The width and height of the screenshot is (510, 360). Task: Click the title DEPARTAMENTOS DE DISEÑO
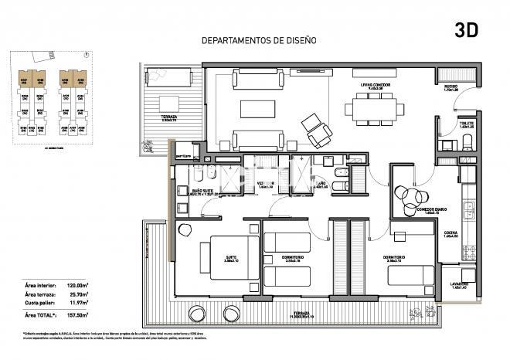click(258, 40)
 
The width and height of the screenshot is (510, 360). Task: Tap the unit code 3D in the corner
click(467, 31)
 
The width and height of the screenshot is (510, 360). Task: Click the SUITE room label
click(231, 259)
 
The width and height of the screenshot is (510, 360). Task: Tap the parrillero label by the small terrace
click(182, 155)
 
